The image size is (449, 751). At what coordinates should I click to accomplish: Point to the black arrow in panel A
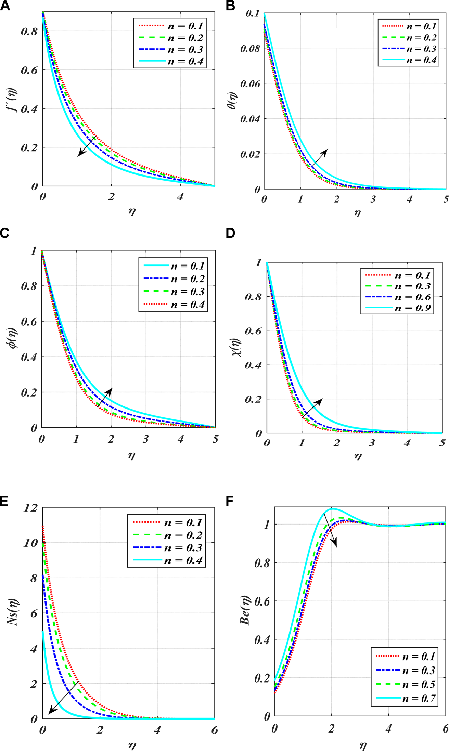click(87, 146)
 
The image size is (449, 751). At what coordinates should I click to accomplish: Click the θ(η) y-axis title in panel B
click(232, 101)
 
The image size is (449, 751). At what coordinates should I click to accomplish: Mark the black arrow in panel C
click(105, 397)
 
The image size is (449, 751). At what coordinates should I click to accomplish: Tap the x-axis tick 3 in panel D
click(372, 443)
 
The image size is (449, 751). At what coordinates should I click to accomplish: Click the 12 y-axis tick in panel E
click(30, 508)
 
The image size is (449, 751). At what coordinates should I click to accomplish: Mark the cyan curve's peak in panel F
click(332, 508)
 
